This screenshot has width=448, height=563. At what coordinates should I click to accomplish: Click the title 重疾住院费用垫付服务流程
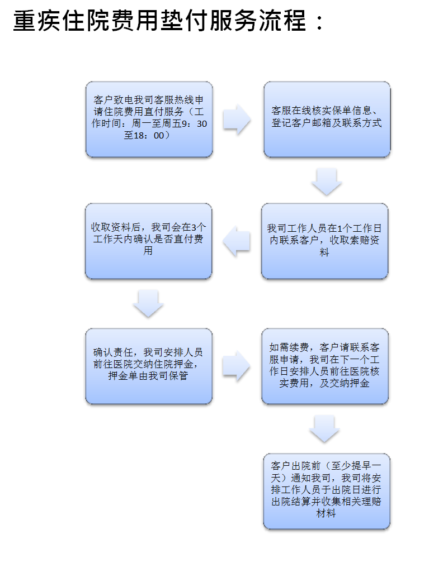159,20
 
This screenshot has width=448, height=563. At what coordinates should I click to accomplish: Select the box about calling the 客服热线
149,120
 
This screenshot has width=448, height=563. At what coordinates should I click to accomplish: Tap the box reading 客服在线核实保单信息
327,120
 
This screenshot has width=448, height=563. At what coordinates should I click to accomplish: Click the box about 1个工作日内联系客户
324,241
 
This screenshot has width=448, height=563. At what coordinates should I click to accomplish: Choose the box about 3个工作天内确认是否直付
149,241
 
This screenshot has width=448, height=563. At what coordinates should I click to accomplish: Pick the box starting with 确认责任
149,366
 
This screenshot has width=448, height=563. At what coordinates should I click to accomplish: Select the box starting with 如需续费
325,366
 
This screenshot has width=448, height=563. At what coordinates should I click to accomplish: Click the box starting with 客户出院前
327,491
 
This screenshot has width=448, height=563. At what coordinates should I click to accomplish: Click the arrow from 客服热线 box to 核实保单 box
237,120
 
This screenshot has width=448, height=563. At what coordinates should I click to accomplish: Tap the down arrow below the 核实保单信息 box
327,182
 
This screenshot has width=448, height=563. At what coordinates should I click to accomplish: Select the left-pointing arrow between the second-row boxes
236,241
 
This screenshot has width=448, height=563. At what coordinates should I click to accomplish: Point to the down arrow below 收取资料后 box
148,303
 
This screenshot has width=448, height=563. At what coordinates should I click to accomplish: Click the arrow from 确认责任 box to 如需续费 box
236,366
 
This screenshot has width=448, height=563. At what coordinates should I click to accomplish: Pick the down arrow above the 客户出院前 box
324,429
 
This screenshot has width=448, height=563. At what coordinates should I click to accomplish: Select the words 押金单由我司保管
148,376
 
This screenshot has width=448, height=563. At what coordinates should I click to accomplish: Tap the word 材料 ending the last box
326,513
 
